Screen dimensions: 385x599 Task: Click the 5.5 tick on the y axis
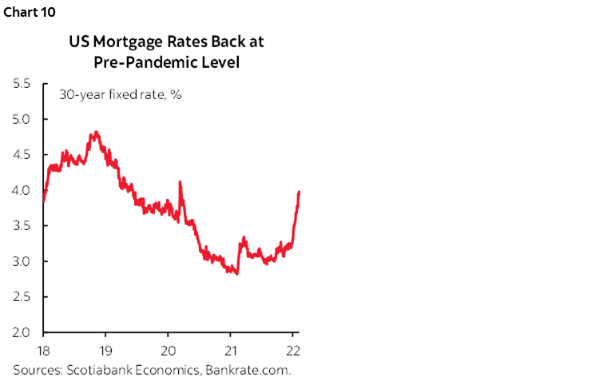[x=21, y=84]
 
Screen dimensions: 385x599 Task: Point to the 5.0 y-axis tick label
[x=21, y=119]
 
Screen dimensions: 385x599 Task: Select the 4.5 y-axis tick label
[x=21, y=155]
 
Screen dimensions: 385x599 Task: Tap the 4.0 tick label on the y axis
[x=21, y=190]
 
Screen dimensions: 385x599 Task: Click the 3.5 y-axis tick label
[x=21, y=226]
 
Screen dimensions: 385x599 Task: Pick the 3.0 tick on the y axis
[x=21, y=261]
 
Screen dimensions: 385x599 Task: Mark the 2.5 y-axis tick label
[x=21, y=297]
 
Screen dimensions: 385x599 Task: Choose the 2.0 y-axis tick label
[x=21, y=332]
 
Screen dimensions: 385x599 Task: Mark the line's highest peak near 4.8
[x=96, y=133]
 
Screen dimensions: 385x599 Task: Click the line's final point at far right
[x=299, y=192]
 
